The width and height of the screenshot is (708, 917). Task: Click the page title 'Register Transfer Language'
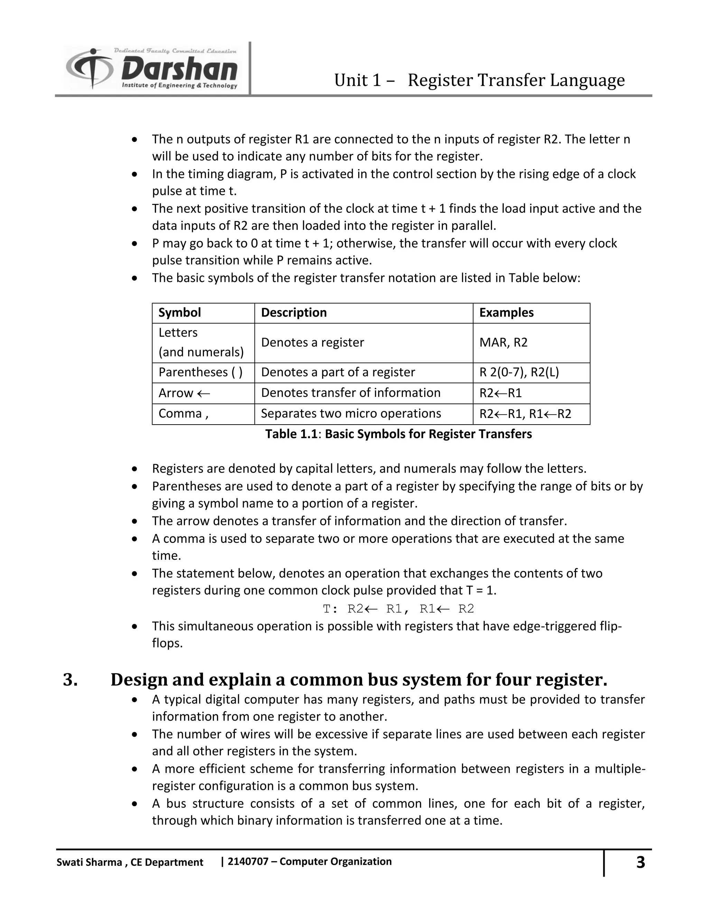pos(516,80)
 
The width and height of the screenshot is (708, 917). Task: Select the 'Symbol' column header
pos(179,312)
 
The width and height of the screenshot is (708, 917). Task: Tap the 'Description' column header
pos(294,312)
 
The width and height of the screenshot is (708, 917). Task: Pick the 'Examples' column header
pos(506,312)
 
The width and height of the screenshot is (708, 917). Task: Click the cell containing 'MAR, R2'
pos(503,343)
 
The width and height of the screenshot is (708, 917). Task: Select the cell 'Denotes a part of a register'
pos(338,372)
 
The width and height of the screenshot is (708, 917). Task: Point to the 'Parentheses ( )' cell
pos(201,372)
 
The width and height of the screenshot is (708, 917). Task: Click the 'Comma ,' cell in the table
pos(183,414)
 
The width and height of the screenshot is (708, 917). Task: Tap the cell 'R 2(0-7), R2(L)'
pos(519,372)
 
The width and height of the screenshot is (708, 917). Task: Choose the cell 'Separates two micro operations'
pos(351,414)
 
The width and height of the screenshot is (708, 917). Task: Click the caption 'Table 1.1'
pos(291,434)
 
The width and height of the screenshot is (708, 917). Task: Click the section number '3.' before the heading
pos(70,680)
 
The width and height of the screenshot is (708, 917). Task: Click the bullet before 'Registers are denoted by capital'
pos(134,469)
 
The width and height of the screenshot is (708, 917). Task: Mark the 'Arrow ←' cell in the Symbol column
pos(184,393)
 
